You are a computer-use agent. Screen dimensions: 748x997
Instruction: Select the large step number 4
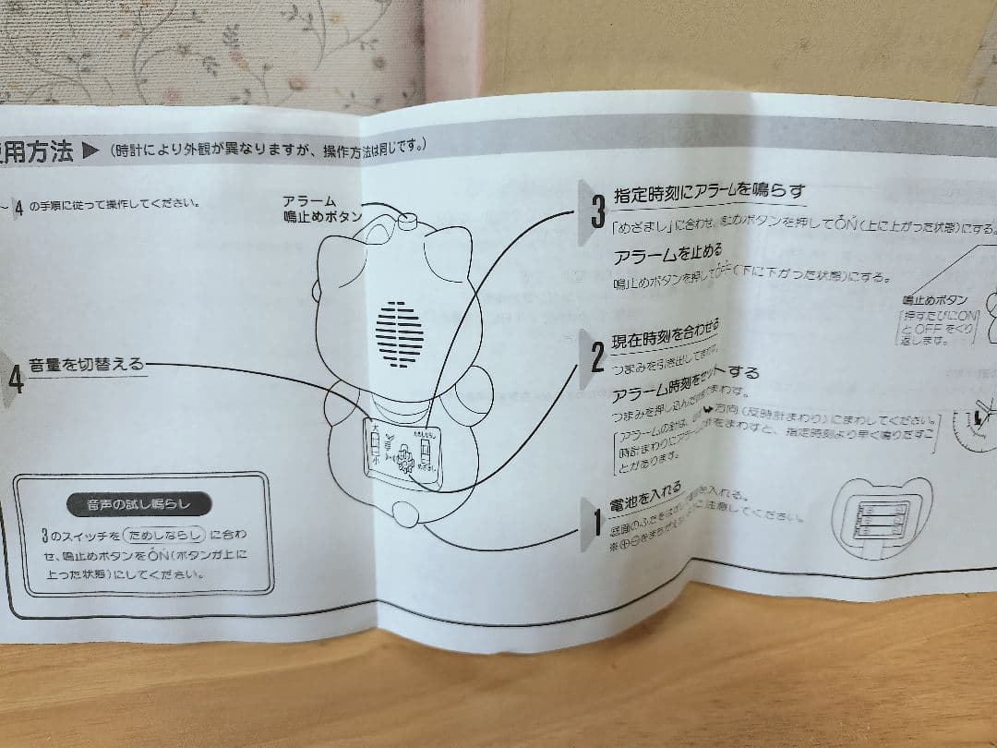16,380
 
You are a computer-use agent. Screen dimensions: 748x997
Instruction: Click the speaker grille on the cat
400,333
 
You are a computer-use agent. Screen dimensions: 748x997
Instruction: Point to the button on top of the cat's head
409,221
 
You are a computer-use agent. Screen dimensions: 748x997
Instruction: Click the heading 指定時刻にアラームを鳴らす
710,192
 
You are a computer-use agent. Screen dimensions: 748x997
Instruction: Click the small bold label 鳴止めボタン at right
935,300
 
